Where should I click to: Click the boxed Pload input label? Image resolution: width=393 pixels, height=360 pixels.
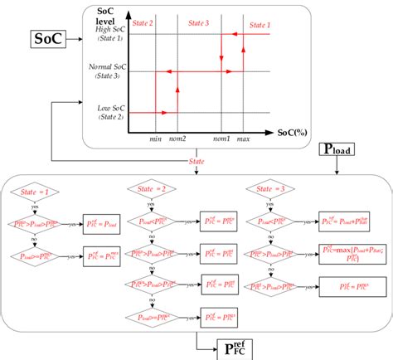click(x=337, y=151)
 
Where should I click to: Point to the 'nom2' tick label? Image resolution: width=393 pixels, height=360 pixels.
click(x=178, y=138)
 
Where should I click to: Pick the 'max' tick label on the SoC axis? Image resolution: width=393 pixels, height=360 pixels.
click(x=243, y=138)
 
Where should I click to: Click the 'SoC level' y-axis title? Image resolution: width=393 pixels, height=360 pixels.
click(x=105, y=16)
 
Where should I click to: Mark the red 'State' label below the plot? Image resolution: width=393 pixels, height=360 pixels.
click(x=196, y=160)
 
